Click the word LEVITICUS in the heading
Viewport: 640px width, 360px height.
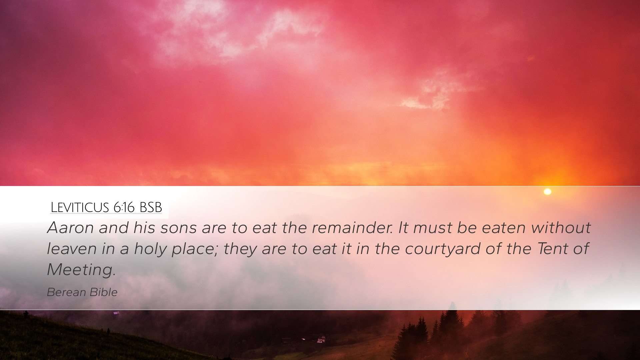[x=80, y=207]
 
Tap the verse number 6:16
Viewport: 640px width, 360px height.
[x=124, y=207]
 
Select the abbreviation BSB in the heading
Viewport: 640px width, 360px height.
[x=151, y=207]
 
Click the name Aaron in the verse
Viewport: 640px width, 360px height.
[x=71, y=228]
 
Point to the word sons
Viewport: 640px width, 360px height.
[x=178, y=228]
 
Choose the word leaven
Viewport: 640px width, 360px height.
[x=72, y=249]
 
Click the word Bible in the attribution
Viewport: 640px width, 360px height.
[x=104, y=292]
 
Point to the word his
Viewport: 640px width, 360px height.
[x=144, y=228]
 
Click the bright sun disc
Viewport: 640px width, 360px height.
[x=547, y=192]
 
